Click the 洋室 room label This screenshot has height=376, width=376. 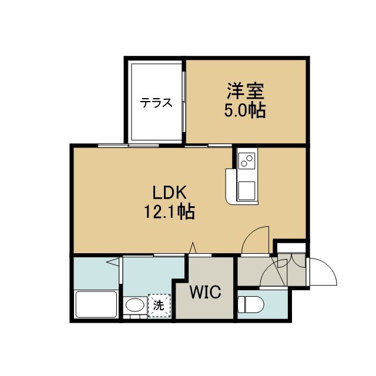(x=246, y=91)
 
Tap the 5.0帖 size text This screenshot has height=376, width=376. (x=245, y=110)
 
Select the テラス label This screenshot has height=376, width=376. (x=156, y=103)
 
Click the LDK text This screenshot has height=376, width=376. (x=170, y=193)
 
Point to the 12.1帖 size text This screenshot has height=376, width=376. (x=169, y=211)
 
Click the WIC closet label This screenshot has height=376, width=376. (x=205, y=292)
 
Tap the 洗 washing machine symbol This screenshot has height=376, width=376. (x=159, y=305)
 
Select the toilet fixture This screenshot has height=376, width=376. (x=251, y=304)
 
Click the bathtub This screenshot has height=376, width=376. (x=96, y=304)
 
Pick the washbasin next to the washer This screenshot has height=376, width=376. (x=135, y=305)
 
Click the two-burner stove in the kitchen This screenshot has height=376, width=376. (x=247, y=161)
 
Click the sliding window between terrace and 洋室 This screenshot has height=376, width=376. (x=184, y=102)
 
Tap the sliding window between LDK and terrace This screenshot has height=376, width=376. (x=129, y=145)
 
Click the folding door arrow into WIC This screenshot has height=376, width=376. (x=193, y=248)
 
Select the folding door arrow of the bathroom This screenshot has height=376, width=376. (x=113, y=262)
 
